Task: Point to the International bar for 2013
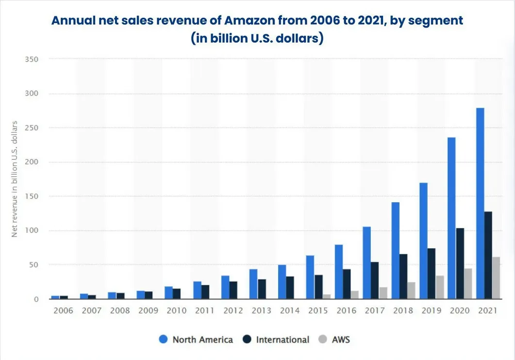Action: pyautogui.click(x=262, y=289)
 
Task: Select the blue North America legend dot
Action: pyautogui.click(x=164, y=340)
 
